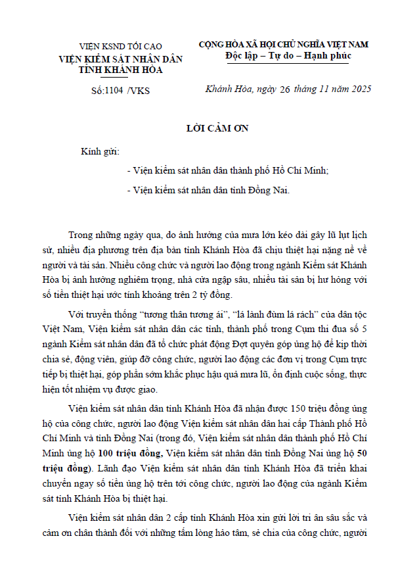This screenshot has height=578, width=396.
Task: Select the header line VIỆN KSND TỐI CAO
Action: [x=120, y=47]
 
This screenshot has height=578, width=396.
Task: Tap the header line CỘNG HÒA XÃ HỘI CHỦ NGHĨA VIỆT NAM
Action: [x=284, y=44]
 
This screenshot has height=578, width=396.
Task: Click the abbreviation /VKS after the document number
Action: [x=139, y=91]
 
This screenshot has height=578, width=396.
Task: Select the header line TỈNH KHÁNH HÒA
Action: [x=120, y=69]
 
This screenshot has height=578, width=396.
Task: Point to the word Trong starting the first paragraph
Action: [x=83, y=235]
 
